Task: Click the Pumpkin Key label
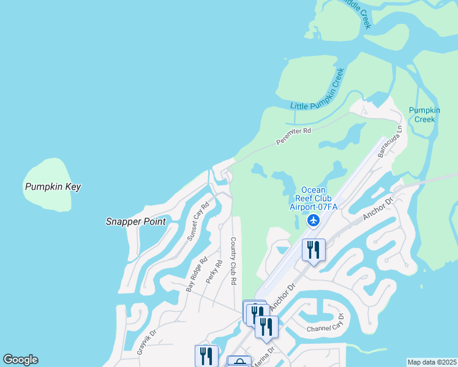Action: click(x=53, y=187)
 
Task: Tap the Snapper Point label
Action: click(x=135, y=221)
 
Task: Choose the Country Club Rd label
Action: click(x=233, y=261)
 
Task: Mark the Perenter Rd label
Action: click(x=294, y=135)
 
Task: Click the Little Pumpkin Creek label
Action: click(x=317, y=89)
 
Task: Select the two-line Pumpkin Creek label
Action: click(x=424, y=114)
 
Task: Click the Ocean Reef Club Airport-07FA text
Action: click(x=313, y=198)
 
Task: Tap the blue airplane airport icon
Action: click(x=314, y=220)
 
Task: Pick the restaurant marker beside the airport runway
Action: click(x=313, y=250)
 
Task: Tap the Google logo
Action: click(x=20, y=360)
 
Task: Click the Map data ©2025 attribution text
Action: click(x=432, y=362)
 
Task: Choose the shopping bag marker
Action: click(x=239, y=362)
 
